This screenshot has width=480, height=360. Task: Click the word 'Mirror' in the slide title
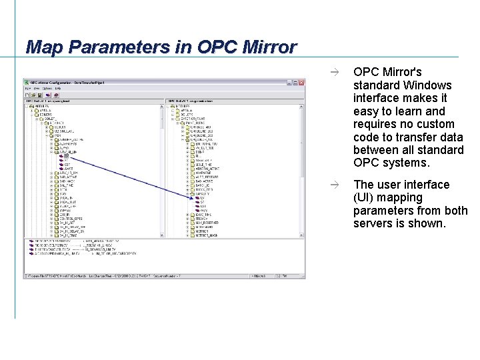264,47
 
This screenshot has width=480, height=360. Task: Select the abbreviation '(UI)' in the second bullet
365,197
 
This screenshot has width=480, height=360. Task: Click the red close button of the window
301,83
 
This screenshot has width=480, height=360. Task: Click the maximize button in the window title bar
295,83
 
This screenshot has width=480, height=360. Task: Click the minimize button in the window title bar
289,83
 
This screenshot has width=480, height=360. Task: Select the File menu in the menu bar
28,89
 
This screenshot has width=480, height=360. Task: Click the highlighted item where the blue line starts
67,155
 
